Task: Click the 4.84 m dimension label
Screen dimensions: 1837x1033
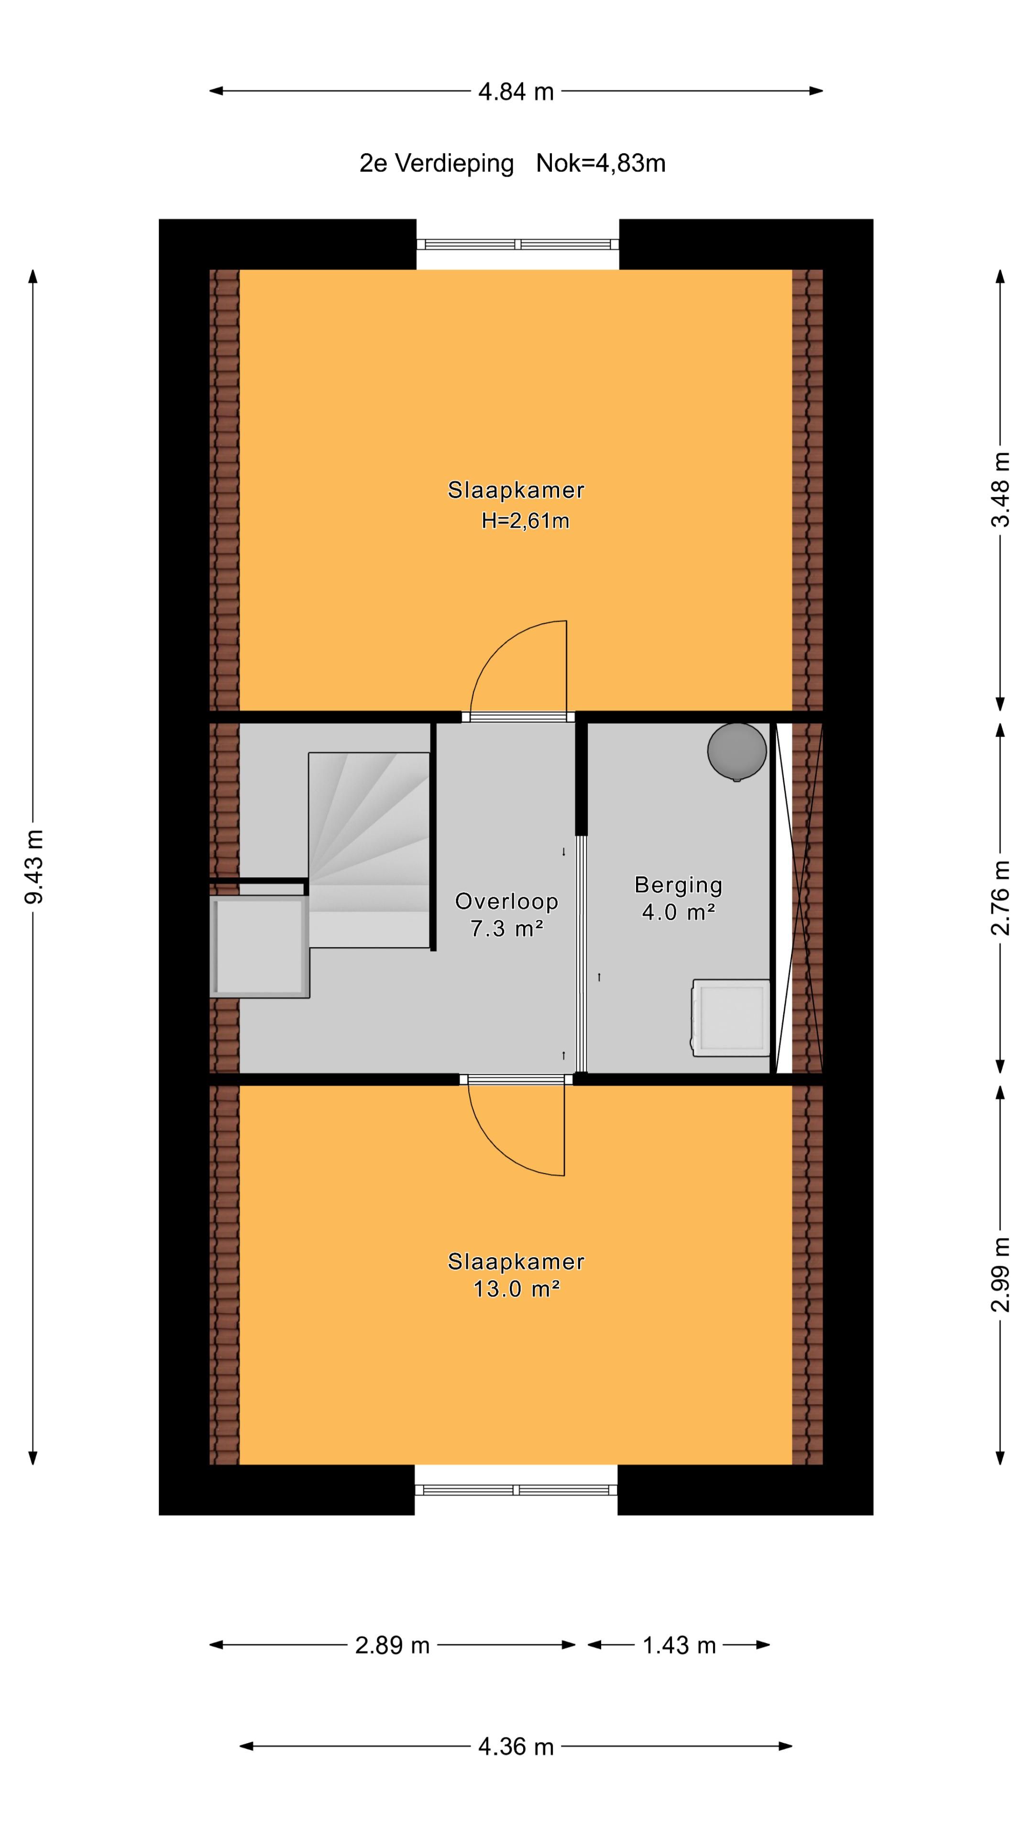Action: coord(516,92)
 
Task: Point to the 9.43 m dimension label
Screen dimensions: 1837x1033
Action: coord(33,866)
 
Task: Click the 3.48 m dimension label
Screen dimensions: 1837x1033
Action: coord(1000,489)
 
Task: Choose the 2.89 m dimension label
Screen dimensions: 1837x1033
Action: coord(392,1645)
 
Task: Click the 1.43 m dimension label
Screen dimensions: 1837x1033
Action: coord(679,1645)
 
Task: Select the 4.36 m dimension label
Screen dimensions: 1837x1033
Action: coord(516,1747)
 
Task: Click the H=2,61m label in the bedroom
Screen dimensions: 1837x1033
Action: coord(526,521)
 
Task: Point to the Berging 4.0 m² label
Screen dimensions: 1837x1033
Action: coord(678,898)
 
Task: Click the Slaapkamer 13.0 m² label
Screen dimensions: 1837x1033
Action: coord(516,1274)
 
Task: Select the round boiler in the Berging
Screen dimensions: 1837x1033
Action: coord(736,751)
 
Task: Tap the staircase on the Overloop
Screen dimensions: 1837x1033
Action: coord(369,849)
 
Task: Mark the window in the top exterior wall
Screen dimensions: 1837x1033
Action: coord(517,244)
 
